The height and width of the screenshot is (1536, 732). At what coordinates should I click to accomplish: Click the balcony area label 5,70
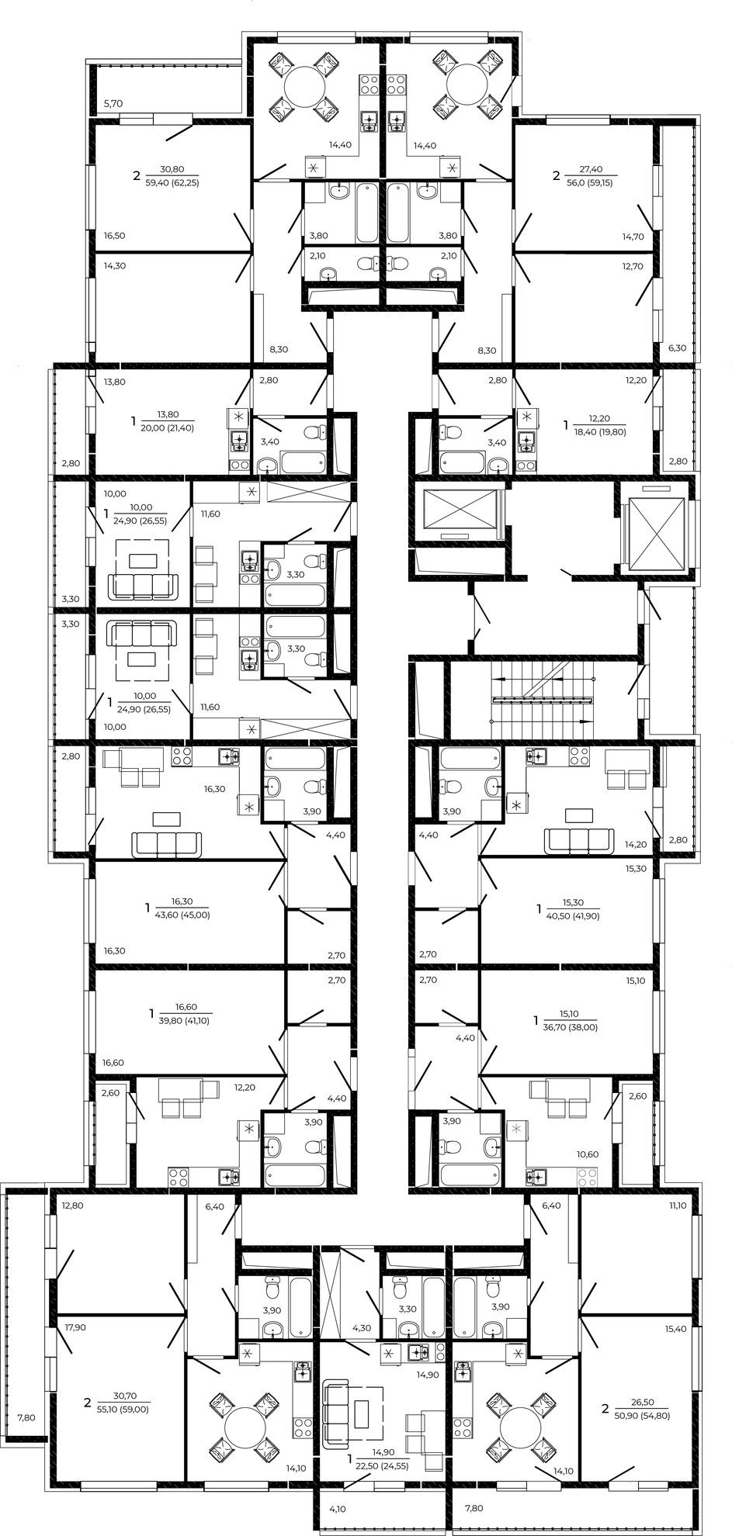click(x=114, y=103)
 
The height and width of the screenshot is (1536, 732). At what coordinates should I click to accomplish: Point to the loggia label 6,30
click(x=677, y=348)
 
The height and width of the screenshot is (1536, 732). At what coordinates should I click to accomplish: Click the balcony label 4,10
click(x=338, y=1509)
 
